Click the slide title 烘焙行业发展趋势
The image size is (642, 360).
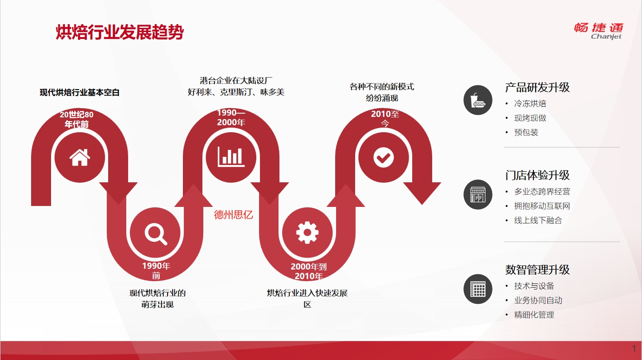119,32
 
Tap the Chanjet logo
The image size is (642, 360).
598,31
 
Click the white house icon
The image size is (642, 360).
80,157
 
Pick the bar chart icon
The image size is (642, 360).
231,157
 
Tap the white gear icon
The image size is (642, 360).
307,232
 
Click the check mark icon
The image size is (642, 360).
383,158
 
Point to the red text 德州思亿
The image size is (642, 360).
233,214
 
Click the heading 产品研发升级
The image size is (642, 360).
537,87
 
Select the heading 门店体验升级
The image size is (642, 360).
537,175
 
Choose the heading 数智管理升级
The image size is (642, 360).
537,270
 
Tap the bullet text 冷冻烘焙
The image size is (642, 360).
530,103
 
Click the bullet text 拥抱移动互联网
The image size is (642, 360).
542,206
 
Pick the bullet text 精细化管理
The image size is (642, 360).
534,315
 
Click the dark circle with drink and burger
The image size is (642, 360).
478,100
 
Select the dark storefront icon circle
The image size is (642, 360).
478,194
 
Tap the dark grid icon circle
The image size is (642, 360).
478,289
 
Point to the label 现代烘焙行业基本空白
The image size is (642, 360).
79,92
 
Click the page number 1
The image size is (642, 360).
634,348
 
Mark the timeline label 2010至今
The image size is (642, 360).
385,119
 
